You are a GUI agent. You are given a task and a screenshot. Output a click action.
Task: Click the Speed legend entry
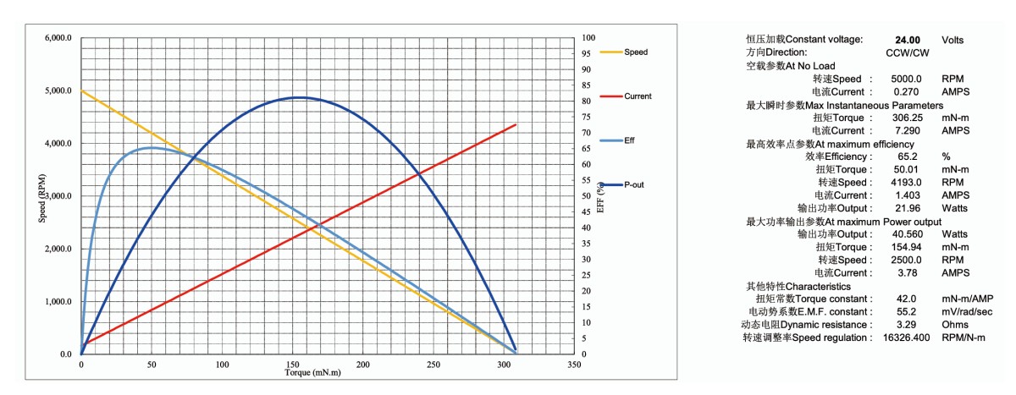[635, 52]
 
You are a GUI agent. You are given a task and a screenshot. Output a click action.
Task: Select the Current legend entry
[638, 96]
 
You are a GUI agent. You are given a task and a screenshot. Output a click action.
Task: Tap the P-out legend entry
[634, 184]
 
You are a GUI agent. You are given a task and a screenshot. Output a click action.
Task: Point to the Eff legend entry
[629, 140]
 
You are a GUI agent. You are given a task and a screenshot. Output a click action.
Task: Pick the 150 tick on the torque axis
[293, 365]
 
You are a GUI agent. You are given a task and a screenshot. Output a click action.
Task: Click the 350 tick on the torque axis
[574, 365]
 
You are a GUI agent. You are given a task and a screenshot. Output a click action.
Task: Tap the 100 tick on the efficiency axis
[589, 39]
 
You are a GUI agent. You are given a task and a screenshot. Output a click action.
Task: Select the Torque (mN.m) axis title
[312, 373]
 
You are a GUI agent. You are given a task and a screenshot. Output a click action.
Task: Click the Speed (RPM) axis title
[41, 196]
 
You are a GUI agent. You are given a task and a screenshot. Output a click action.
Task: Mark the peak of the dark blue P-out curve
[300, 97]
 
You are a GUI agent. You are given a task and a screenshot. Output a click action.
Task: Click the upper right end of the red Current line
[516, 125]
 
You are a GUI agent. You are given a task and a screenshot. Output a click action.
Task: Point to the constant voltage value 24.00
[908, 40]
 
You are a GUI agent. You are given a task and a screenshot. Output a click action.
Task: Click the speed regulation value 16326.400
[908, 337]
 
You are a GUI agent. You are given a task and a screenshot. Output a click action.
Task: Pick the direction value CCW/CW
[908, 52]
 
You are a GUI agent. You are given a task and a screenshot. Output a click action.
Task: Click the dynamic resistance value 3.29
[908, 325]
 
